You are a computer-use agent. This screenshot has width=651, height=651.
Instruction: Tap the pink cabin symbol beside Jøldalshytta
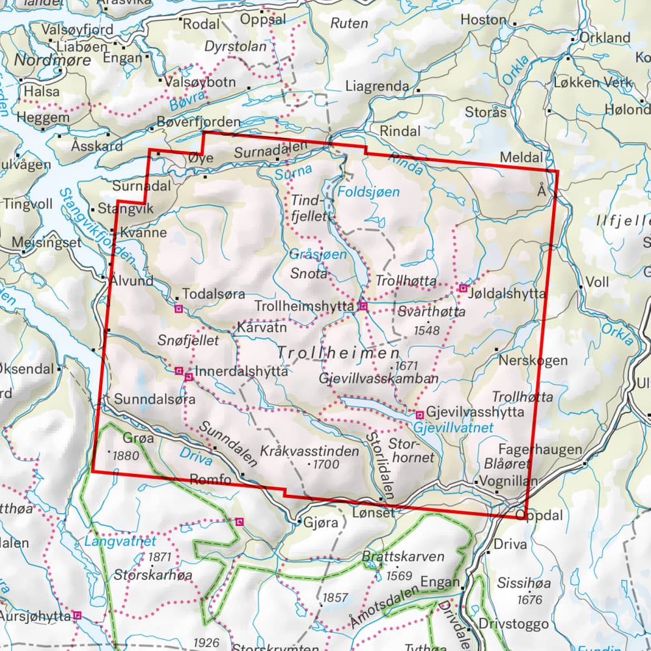pyautogui.click(x=464, y=288)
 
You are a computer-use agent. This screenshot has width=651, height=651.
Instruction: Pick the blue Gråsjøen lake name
pyautogui.click(x=319, y=255)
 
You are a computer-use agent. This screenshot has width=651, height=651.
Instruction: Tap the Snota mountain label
pyautogui.click(x=309, y=274)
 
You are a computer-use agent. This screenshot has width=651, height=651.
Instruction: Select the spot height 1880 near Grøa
pyautogui.click(x=126, y=455)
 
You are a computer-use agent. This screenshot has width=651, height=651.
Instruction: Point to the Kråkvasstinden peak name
pyautogui.click(x=309, y=450)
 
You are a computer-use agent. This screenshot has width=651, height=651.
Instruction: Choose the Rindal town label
pyautogui.click(x=400, y=131)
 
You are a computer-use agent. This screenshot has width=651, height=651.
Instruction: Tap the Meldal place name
pyautogui.click(x=521, y=158)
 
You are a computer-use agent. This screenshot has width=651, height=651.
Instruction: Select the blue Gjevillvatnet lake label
pyautogui.click(x=454, y=428)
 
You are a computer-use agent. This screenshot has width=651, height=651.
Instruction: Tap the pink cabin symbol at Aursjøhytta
pyautogui.click(x=77, y=615)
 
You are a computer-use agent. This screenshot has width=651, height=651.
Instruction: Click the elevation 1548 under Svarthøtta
pyautogui.click(x=427, y=331)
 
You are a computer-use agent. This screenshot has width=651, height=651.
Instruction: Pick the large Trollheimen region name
pyautogui.click(x=339, y=353)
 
